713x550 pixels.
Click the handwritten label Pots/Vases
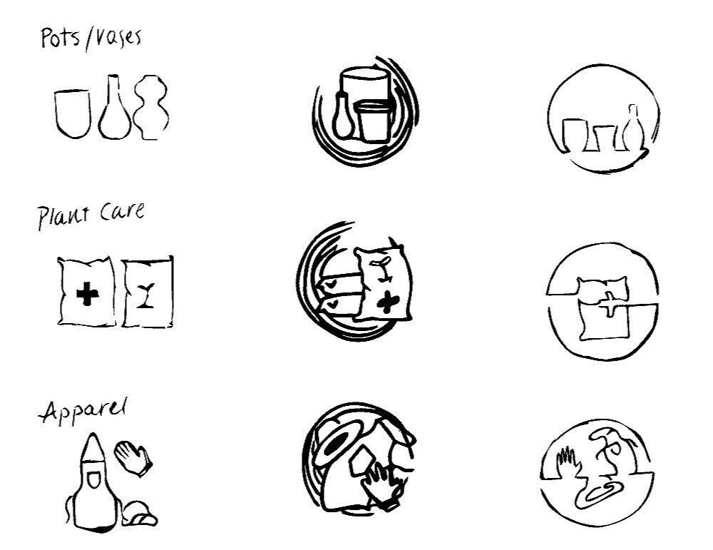(x=90, y=36)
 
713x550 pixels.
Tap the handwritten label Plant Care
(x=91, y=215)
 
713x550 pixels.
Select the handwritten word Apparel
(x=84, y=412)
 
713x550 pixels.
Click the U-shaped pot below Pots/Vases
(x=72, y=112)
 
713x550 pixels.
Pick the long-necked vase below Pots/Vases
(x=114, y=111)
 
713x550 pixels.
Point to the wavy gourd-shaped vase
(x=152, y=108)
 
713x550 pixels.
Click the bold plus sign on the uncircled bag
(x=87, y=295)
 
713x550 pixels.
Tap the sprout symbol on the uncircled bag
(x=148, y=295)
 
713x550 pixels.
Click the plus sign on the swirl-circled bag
(x=386, y=302)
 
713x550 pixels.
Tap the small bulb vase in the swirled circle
(x=342, y=118)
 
